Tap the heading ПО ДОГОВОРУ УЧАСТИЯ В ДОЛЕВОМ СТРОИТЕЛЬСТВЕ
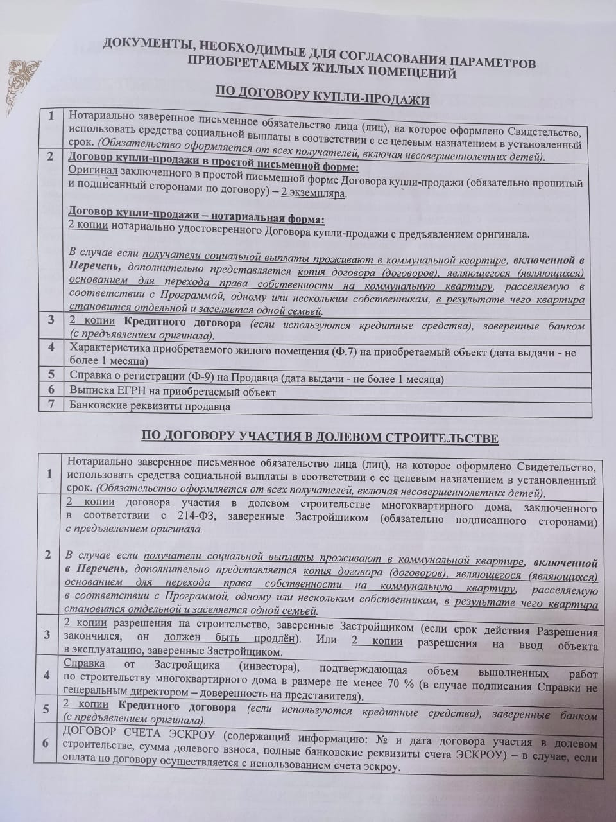pyautogui.click(x=320, y=439)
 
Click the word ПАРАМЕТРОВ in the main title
pyautogui.click(x=487, y=62)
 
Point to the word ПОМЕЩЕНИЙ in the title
pyautogui.click(x=410, y=74)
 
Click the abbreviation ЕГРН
pyautogui.click(x=125, y=392)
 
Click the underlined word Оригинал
pyautogui.click(x=92, y=171)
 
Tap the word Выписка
pyautogui.click(x=89, y=392)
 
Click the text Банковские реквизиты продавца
pyautogui.click(x=150, y=406)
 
